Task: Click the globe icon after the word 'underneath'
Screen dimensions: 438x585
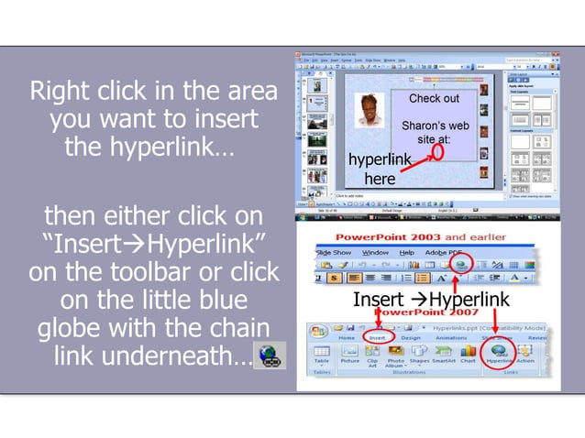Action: click(269, 354)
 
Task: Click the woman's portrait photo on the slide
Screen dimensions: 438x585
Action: click(370, 111)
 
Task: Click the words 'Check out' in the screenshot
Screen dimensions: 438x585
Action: click(434, 98)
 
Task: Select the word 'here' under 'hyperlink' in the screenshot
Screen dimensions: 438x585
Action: click(380, 179)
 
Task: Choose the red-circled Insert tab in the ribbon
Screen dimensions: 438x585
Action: click(378, 336)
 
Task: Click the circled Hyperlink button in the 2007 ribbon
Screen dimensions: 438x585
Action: click(499, 353)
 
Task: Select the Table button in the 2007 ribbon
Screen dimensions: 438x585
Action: click(322, 354)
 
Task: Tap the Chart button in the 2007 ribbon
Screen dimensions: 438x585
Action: click(468, 354)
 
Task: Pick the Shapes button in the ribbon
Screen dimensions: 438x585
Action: click(419, 354)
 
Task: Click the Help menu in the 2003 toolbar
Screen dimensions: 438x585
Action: click(406, 252)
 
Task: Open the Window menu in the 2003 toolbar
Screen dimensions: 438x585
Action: click(374, 252)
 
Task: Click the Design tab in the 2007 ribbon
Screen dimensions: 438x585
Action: click(410, 336)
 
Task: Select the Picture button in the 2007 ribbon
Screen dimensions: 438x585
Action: click(349, 354)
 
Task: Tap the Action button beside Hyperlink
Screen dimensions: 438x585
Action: click(525, 354)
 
